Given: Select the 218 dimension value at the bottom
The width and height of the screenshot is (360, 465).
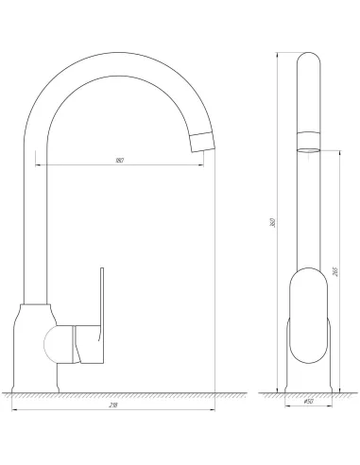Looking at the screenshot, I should [113, 405].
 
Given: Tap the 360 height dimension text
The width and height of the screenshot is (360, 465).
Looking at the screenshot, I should [273, 223].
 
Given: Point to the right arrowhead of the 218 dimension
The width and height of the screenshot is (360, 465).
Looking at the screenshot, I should [213, 411].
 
